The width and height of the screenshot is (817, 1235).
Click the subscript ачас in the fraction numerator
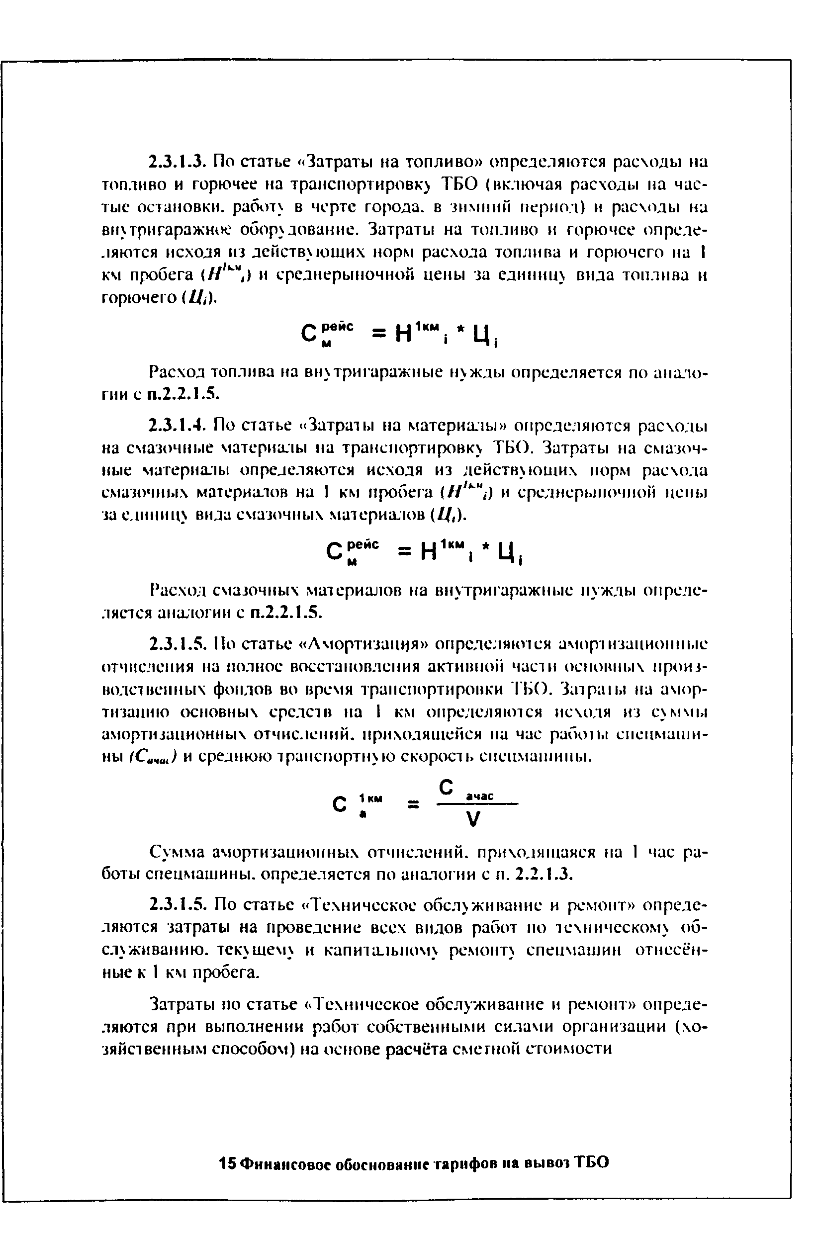(x=479, y=796)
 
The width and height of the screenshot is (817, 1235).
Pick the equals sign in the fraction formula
(x=413, y=805)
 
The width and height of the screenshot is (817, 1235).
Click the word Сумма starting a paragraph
(x=176, y=853)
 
